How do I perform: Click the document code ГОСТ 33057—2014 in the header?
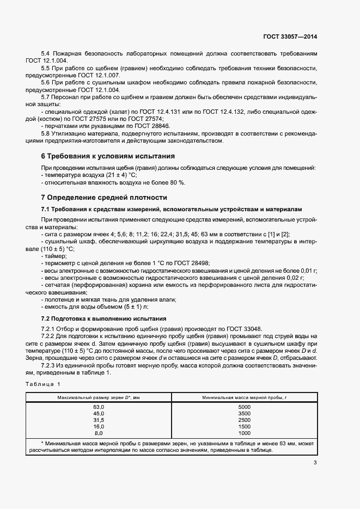click(290, 36)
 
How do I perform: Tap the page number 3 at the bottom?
click(315, 463)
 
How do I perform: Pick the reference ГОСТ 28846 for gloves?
click(132, 125)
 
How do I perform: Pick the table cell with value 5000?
click(244, 407)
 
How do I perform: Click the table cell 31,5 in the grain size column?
click(99, 420)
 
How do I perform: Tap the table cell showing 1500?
click(244, 427)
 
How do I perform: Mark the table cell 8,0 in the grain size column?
click(99, 433)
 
